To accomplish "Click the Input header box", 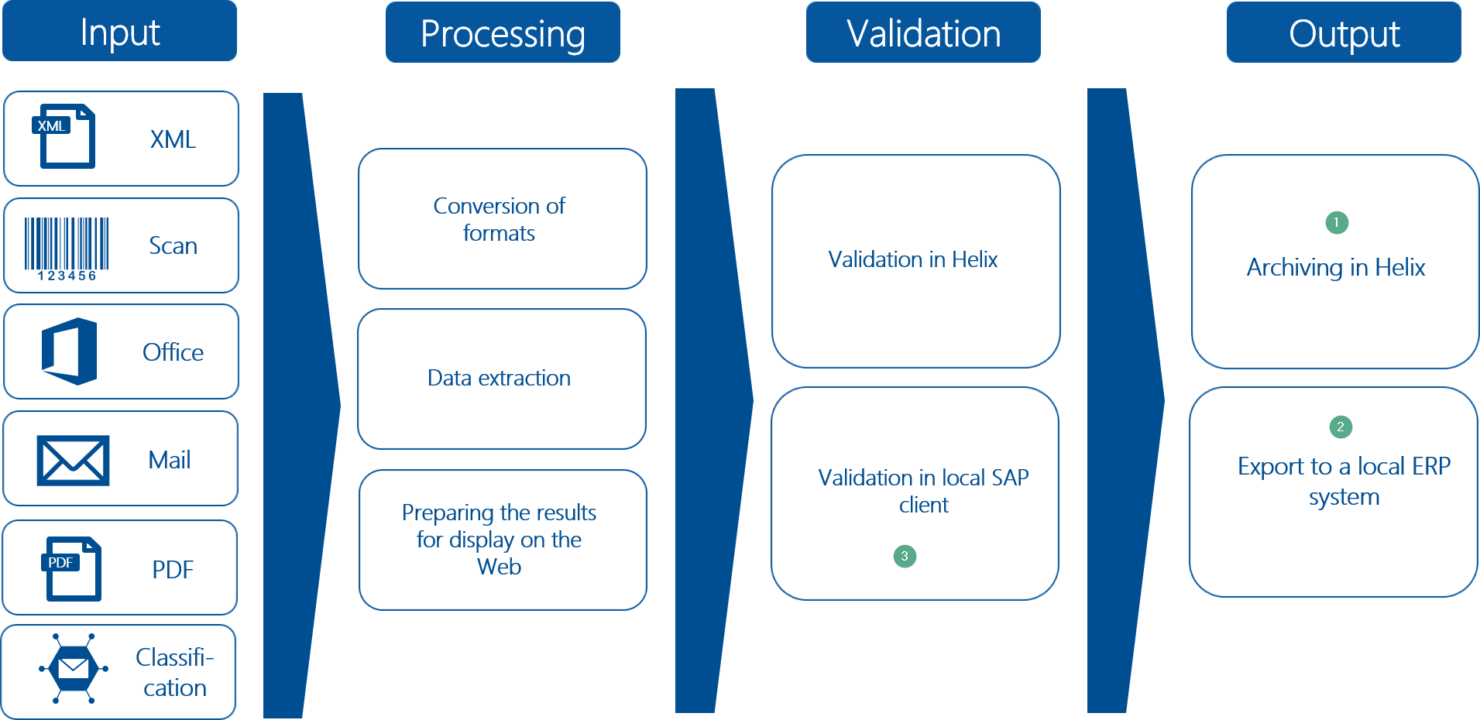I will (x=120, y=31).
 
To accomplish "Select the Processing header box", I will (x=503, y=33).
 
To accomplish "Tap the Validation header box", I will (x=923, y=33).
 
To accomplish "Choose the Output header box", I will (x=1344, y=33).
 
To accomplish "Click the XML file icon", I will (x=65, y=136).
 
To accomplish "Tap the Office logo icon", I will (x=70, y=351).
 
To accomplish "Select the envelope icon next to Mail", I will (x=73, y=460).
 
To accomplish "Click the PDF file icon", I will (x=71, y=568).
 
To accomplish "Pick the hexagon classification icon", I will (x=74, y=668).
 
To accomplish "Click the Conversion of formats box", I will (x=502, y=219).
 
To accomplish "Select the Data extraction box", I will (x=501, y=379).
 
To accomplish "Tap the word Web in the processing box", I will (x=499, y=567).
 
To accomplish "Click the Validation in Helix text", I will (x=912, y=259).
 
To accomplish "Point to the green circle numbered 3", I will (x=905, y=556).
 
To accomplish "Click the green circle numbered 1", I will (x=1337, y=222).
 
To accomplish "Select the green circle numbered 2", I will (x=1341, y=427).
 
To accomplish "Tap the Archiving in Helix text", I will (x=1335, y=268).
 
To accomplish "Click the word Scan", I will (x=173, y=246).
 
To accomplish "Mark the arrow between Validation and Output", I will (x=1119, y=401).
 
